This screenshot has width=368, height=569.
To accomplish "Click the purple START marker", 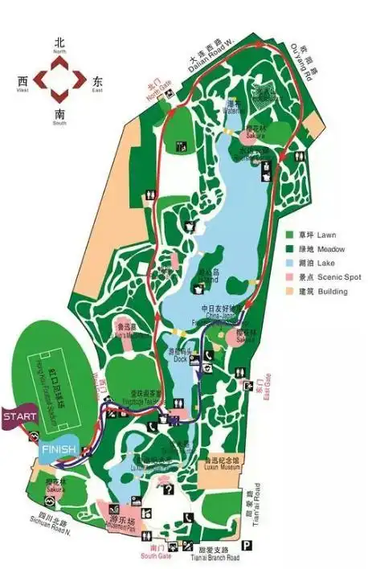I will tap(18, 417).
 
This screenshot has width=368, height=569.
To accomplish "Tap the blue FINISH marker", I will tap(58, 448).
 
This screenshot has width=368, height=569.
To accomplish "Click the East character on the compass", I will tap(97, 82).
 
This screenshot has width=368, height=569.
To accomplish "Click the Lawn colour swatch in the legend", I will tap(288, 235).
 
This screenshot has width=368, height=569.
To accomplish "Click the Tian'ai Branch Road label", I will tap(210, 557).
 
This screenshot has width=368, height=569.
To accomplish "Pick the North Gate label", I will tap(154, 89).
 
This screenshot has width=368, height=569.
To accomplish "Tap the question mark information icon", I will tap(168, 489).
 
